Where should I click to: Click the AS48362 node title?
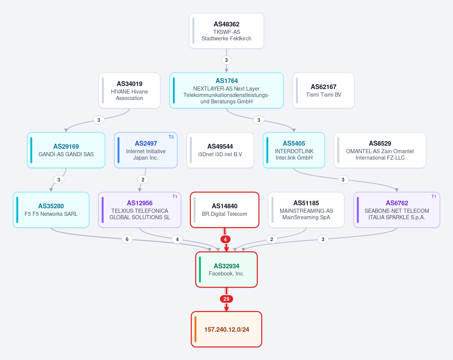pyautogui.click(x=226, y=24)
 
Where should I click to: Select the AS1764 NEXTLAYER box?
pyautogui.click(x=226, y=91)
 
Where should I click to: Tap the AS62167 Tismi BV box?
pyautogui.click(x=324, y=91)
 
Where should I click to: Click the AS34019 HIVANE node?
pyautogui.click(x=129, y=91)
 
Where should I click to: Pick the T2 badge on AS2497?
pyautogui.click(x=171, y=137)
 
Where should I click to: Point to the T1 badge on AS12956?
pyautogui.click(x=175, y=197)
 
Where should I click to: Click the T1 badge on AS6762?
pyautogui.click(x=434, y=197)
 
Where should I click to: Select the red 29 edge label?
pyautogui.click(x=226, y=299)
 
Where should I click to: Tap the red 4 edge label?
pyautogui.click(x=225, y=239)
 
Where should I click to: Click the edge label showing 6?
pyautogui.click(x=127, y=239)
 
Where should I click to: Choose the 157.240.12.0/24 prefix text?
pyautogui.click(x=227, y=329)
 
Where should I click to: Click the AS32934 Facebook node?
pyautogui.click(x=226, y=269)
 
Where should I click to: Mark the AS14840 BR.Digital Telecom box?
pyautogui.click(x=225, y=210)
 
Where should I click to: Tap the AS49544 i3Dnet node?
pyautogui.click(x=220, y=150)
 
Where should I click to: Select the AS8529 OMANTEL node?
pyautogui.click(x=380, y=150)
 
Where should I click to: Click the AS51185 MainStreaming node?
pyautogui.click(x=306, y=210)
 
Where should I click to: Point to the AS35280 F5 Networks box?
pyautogui.click(x=51, y=210)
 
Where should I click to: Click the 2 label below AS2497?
pyautogui.click(x=143, y=180)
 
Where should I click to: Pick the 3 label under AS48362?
pyautogui.click(x=226, y=60)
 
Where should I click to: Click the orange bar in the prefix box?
pyautogui.click(x=196, y=329)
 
